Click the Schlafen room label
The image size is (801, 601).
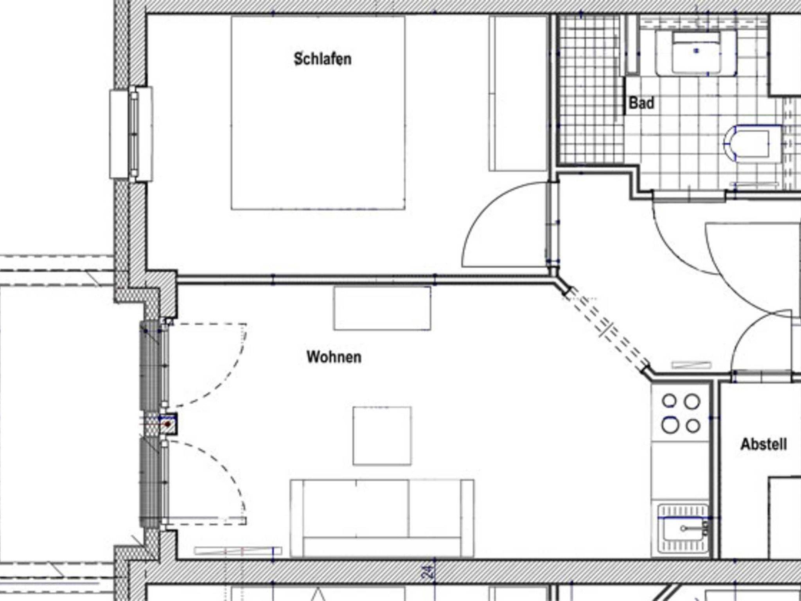tap(322, 59)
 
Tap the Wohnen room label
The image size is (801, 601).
tap(334, 357)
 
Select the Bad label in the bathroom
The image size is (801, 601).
tap(641, 103)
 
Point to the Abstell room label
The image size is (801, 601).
tap(764, 444)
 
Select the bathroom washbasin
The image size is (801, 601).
tap(696, 53)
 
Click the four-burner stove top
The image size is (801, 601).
tap(681, 413)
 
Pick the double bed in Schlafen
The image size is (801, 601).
tap(318, 113)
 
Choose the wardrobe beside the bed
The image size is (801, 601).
tap(518, 93)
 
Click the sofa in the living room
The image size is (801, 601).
tap(382, 518)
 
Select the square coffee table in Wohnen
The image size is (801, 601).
tap(382, 436)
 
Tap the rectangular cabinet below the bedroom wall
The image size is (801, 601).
tap(382, 308)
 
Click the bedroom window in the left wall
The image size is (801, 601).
tap(131, 134)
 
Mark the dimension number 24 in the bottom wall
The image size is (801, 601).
tap(428, 572)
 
